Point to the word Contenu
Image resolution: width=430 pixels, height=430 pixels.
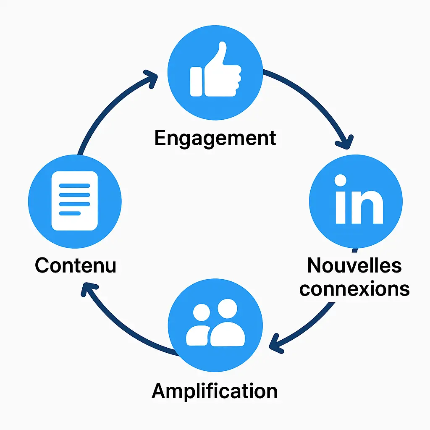[x=76, y=265]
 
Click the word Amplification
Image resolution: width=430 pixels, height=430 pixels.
[x=215, y=391]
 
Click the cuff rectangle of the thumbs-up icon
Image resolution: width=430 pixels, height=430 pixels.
[x=196, y=81]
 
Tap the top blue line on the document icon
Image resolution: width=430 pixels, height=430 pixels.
[x=74, y=185]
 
